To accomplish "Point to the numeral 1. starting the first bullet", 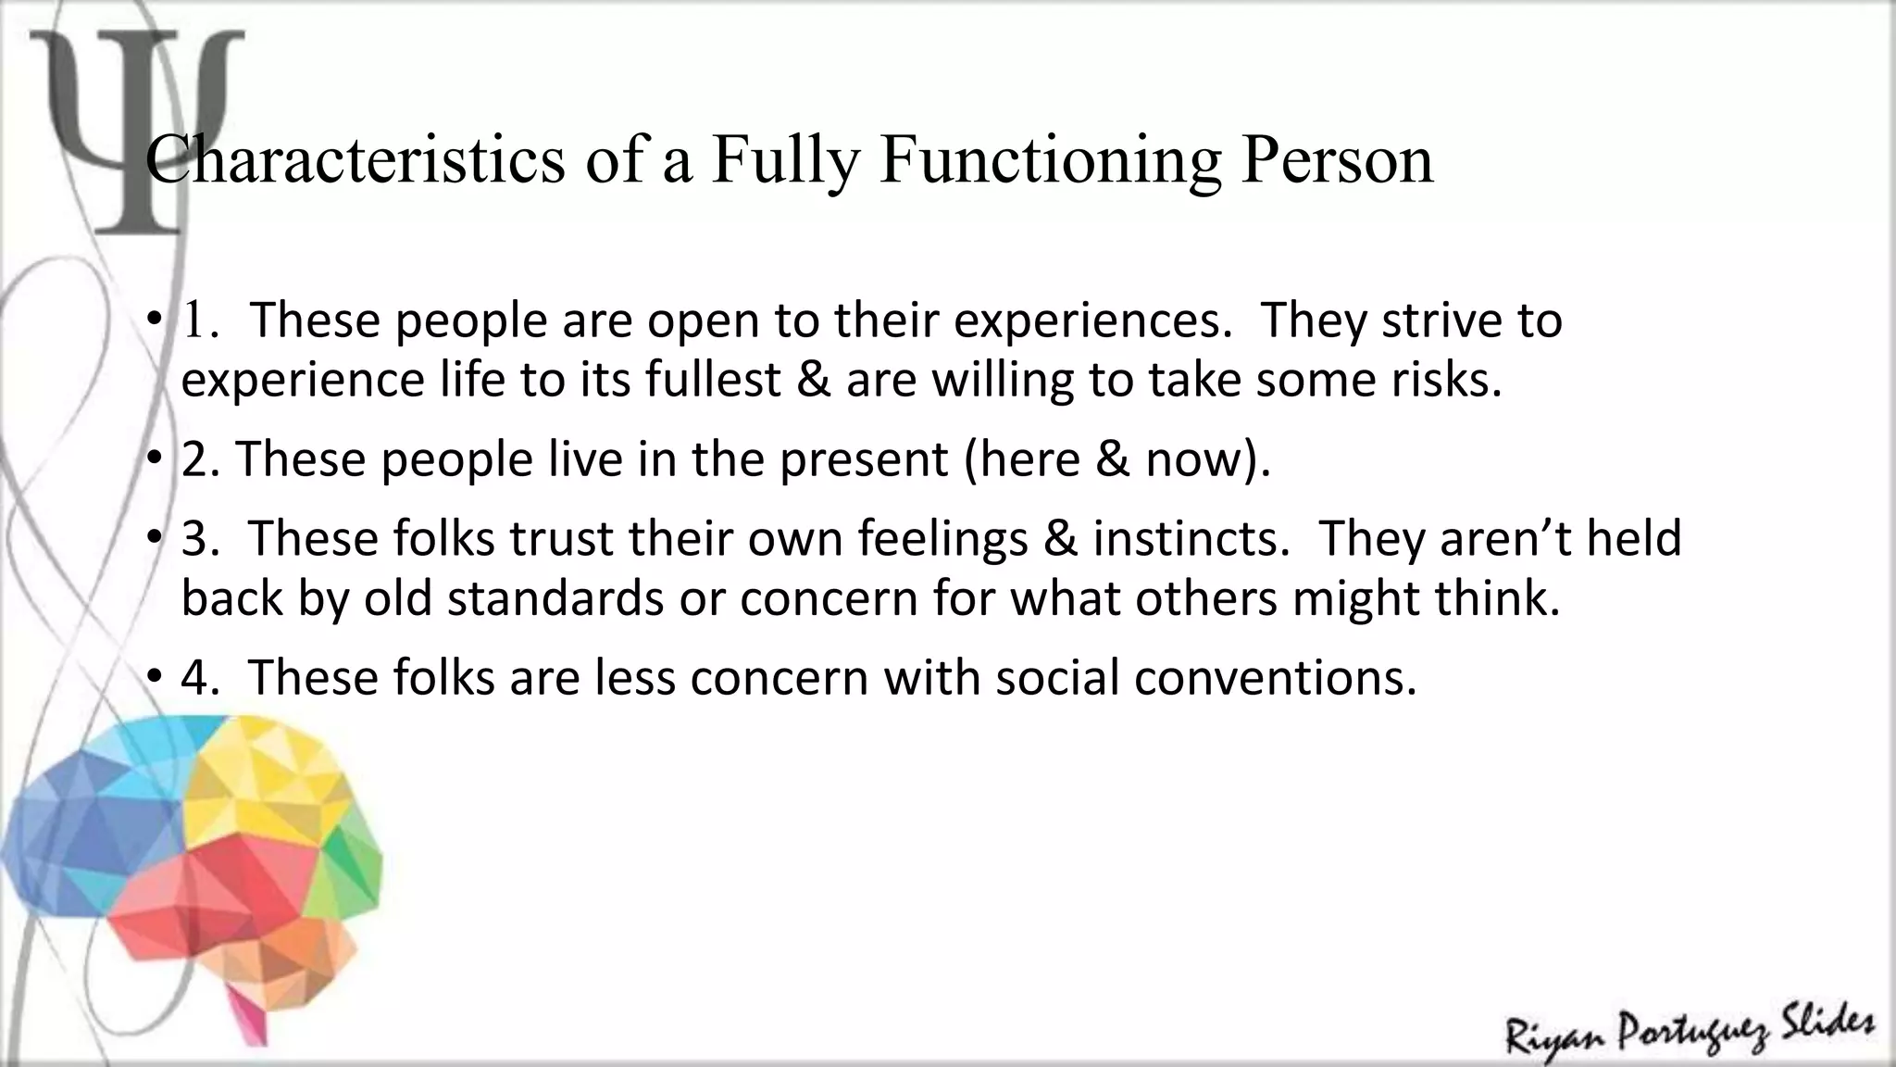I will click(x=200, y=320).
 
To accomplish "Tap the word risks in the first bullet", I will click(x=1448, y=380).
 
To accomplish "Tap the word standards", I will click(x=555, y=598).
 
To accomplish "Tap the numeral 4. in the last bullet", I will click(x=200, y=678).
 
